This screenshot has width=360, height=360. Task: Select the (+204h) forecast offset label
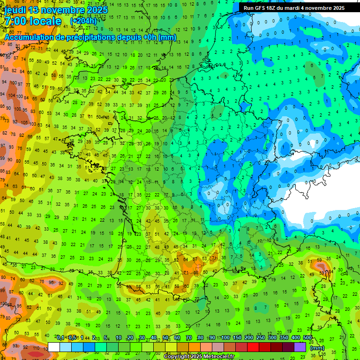click(x=83, y=21)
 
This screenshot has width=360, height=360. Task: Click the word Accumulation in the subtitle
click(x=29, y=37)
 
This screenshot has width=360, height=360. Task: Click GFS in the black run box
click(x=261, y=8)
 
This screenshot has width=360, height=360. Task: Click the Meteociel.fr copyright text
click(x=198, y=356)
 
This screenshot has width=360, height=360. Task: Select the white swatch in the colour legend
click(x=54, y=347)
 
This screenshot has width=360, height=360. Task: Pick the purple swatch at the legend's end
click(x=300, y=347)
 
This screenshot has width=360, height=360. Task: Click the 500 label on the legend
click(x=307, y=338)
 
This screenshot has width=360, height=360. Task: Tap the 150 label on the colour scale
click(x=237, y=338)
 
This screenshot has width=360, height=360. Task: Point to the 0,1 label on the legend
click(x=60, y=338)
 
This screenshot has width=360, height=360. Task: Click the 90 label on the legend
click(x=212, y=338)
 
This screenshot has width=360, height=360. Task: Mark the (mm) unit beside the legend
click(x=317, y=348)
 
